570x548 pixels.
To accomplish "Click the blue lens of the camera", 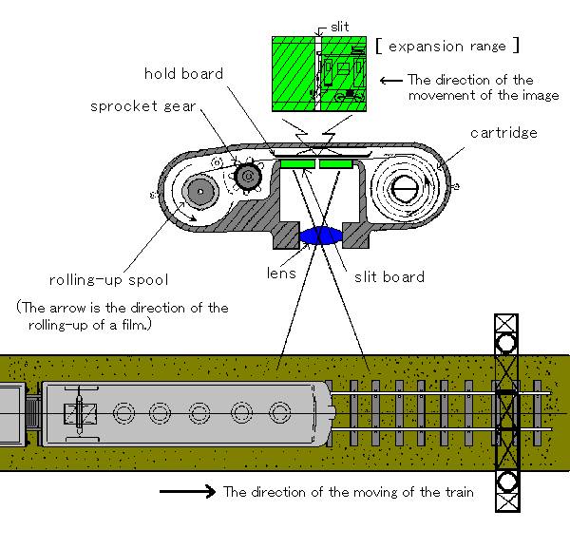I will coord(323,235).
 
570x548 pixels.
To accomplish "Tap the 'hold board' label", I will coord(184,74).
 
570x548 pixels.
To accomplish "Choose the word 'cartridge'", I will coord(503,133).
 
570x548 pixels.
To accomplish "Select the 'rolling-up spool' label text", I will coord(109,281).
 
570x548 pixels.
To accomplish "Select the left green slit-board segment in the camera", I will coord(296,165).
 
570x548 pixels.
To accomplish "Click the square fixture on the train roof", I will coord(75,414).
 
